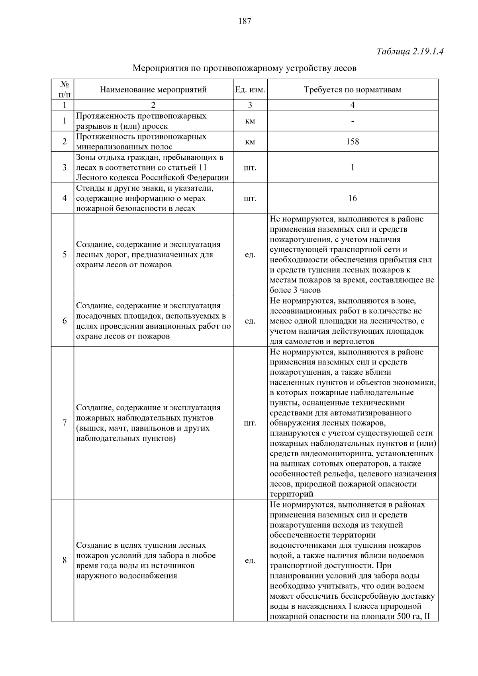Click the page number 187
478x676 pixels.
pos(245,21)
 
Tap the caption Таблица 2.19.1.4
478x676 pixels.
pos(410,51)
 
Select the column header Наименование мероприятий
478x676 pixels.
pos(153,90)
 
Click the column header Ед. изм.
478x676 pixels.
pos(250,90)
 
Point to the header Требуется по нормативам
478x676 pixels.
pos(353,90)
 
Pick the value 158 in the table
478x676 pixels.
pos(353,141)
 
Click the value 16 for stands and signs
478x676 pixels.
pos(353,198)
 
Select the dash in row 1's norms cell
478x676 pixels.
pos(353,121)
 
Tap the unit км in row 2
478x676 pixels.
pos(250,141)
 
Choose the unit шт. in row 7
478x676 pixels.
pos(250,423)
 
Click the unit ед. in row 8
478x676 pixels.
pos(250,560)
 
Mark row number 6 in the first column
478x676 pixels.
pos(65,321)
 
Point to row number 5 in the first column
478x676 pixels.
pos(65,255)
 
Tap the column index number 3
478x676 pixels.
pos(250,105)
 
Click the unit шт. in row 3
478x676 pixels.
pos(250,167)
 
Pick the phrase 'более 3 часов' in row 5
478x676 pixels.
pos(295,290)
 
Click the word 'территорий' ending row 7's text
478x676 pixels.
pos(291,494)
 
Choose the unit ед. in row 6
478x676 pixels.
pos(250,321)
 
